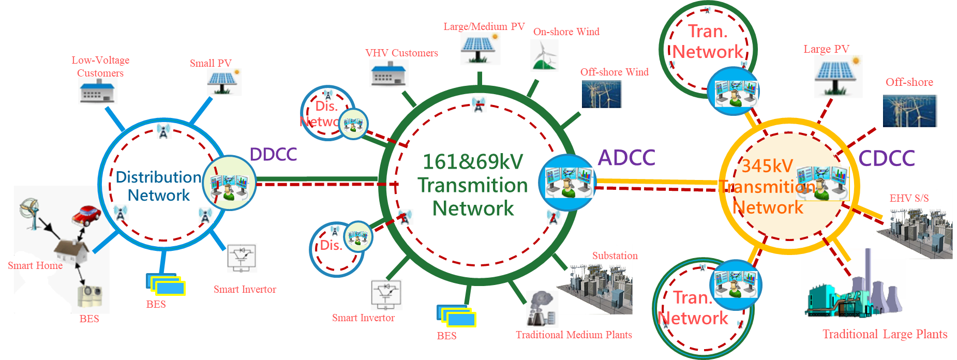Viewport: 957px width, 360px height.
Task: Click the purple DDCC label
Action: [273, 154]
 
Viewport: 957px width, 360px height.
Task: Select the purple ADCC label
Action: [626, 158]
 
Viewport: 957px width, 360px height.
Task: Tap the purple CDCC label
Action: [887, 158]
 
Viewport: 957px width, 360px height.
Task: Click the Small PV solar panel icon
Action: [224, 82]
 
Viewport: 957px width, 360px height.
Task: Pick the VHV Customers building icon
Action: [389, 73]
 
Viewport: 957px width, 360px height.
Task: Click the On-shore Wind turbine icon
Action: [544, 55]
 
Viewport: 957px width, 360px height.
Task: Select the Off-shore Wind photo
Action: [602, 94]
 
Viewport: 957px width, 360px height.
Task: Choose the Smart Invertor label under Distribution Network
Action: [245, 289]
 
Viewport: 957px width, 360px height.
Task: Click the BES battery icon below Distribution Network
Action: [166, 284]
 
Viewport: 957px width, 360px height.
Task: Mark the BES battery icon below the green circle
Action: [456, 316]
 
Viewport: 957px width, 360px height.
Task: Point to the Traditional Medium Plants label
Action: [574, 335]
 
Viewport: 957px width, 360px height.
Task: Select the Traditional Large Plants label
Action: [885, 334]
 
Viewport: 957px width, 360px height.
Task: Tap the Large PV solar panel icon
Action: [838, 77]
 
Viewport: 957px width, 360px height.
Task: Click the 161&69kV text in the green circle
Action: [473, 162]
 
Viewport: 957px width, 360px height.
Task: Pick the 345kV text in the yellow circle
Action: [767, 166]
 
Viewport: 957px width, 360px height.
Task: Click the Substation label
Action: [615, 256]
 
